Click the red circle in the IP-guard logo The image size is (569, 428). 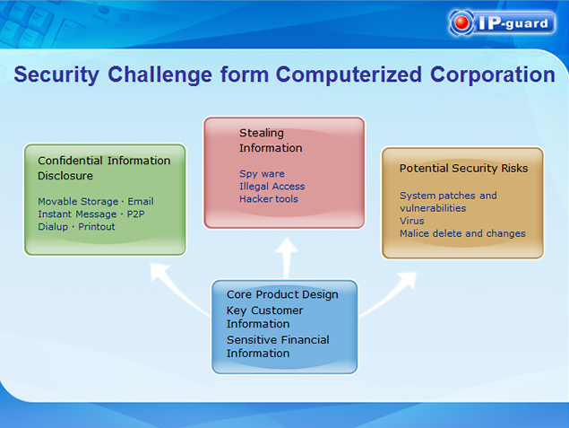461,22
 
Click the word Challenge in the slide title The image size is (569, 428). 159,74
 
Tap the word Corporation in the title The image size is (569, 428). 493,74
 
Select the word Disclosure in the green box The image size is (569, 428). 65,176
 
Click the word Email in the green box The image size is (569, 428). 141,201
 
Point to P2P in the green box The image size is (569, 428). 135,214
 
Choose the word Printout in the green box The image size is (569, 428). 97,227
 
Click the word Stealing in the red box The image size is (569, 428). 262,134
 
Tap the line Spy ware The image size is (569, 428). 262,174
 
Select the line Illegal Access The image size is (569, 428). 272,187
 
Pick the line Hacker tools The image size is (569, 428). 269,199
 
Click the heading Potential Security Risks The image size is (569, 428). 463,169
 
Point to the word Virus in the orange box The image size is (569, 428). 411,221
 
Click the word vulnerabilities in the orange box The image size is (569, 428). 433,208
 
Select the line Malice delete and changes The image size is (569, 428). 462,233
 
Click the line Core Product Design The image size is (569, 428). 282,294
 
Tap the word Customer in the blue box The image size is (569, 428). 277,310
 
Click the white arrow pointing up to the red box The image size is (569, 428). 287,258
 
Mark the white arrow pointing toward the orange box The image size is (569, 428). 390,294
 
